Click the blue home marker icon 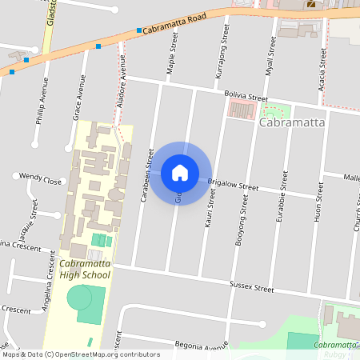[x=180, y=173]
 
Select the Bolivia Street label [x=246, y=96]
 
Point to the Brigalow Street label [x=233, y=186]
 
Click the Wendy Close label [x=41, y=179]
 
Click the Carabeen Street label [x=147, y=174]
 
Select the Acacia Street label [x=322, y=68]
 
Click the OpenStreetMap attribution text [x=80, y=354]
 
